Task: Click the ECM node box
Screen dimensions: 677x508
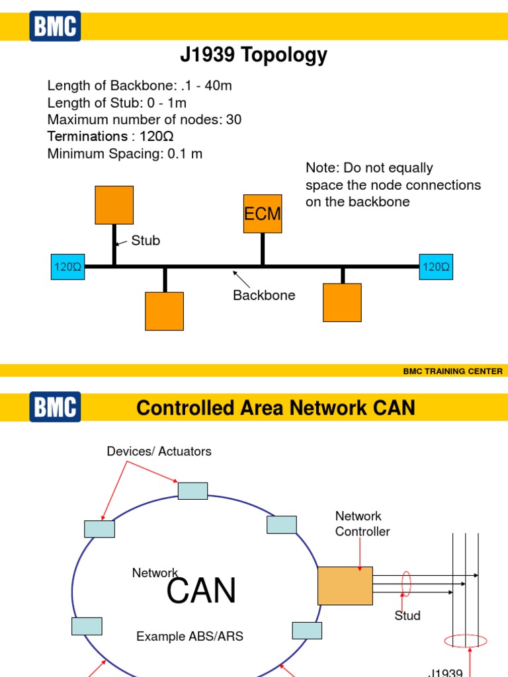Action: (263, 214)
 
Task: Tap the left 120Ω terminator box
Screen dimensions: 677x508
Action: (67, 267)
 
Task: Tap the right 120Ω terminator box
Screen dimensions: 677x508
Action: (436, 267)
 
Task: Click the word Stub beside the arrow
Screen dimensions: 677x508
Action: (146, 241)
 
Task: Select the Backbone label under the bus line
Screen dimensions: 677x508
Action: (264, 296)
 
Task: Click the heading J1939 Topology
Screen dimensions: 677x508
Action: (253, 56)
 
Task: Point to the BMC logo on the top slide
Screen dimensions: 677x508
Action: (55, 26)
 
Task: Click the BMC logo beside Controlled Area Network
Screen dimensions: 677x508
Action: (55, 407)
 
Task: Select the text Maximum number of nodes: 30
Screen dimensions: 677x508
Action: (144, 120)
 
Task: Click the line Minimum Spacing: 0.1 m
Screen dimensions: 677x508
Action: (125, 154)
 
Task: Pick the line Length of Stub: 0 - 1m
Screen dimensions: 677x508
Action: (117, 102)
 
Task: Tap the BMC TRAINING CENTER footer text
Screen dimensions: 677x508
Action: (452, 372)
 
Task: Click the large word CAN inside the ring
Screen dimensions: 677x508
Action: (201, 590)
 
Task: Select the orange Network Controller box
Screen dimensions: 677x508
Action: (345, 586)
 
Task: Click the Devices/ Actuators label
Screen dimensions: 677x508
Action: (159, 452)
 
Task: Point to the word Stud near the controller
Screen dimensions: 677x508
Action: (407, 616)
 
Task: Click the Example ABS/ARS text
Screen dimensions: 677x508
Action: (190, 637)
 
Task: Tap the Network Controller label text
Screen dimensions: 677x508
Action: (362, 524)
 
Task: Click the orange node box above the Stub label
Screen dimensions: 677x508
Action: (114, 205)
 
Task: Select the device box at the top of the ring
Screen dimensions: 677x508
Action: (192, 491)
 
